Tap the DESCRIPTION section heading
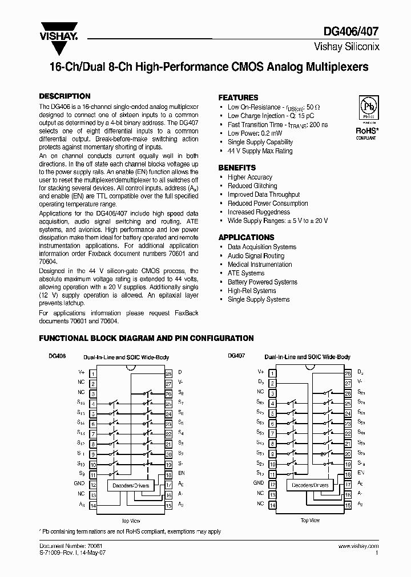(65, 96)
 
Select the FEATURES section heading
(238, 97)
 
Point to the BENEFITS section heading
(237, 168)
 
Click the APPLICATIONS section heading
(246, 237)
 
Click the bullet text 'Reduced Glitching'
(252, 186)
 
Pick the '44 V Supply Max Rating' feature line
(260, 151)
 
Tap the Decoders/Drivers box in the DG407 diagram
(310, 485)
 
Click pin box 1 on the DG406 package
(92, 372)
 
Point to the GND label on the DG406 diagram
(80, 482)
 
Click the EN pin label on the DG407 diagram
(360, 473)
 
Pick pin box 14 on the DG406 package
(92, 505)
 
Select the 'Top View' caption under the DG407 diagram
(310, 520)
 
